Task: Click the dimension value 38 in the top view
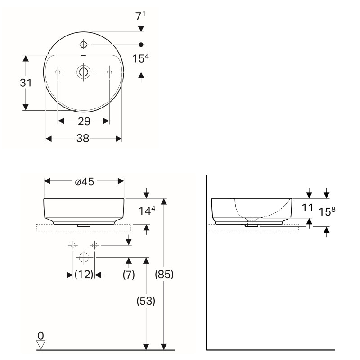pos(82,139)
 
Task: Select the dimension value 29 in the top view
pos(84,121)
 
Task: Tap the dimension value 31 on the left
pos(26,83)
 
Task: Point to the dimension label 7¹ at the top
pos(141,17)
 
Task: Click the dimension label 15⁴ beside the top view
pos(141,59)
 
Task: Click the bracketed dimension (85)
pos(164,274)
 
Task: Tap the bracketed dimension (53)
pos(146,301)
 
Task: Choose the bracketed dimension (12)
pos(84,274)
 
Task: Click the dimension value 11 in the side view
pos(308,208)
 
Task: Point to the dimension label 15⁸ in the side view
pos(328,211)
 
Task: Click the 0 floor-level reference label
pos(41,335)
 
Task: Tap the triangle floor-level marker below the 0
pos(41,344)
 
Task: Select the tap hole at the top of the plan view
pos(83,45)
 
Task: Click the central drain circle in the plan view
pos(83,72)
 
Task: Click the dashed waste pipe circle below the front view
pos(84,258)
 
